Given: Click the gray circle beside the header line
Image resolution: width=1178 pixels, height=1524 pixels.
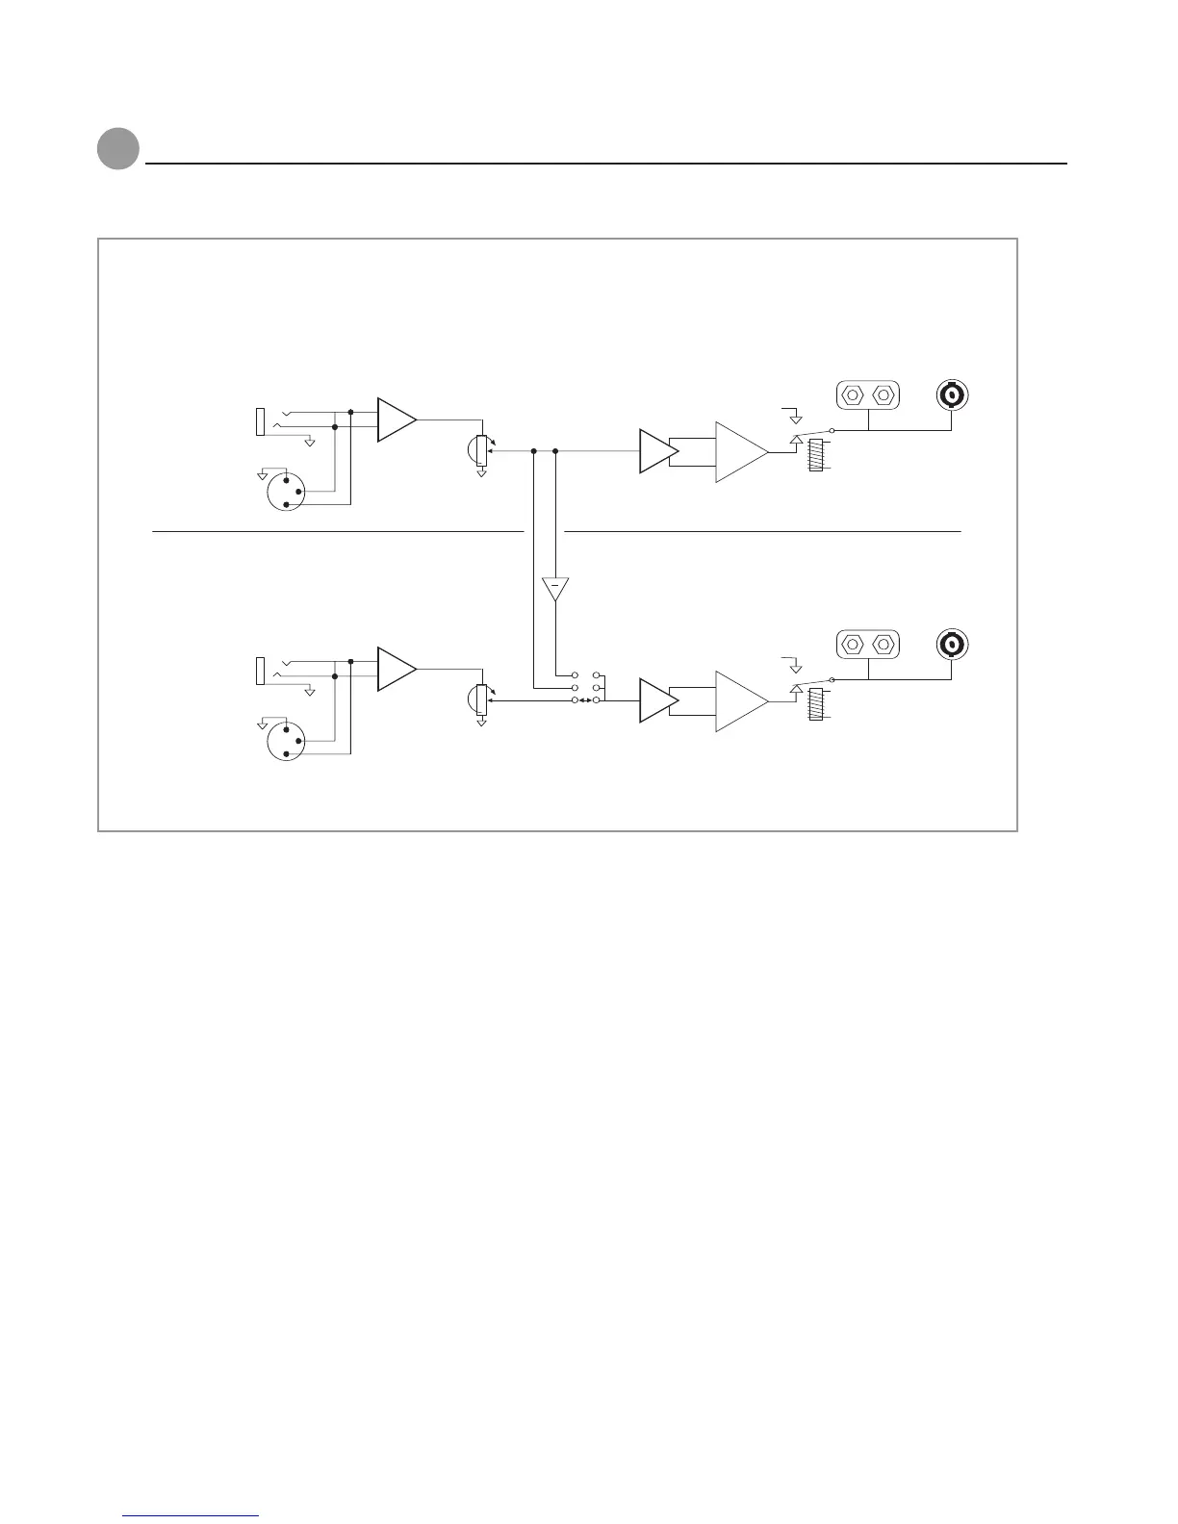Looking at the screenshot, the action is [118, 149].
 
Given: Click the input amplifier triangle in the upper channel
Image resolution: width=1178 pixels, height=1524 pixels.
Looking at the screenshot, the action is [396, 419].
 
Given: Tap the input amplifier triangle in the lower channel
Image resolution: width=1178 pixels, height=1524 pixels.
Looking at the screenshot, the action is [396, 669].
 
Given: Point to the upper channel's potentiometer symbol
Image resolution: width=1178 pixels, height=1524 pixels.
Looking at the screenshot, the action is [481, 451].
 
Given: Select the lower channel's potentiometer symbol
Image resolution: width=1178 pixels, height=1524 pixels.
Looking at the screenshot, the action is [481, 700].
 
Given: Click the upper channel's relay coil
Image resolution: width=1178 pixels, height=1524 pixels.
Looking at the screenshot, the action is [816, 455].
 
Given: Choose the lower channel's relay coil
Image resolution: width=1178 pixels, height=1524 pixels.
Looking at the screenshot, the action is [816, 704].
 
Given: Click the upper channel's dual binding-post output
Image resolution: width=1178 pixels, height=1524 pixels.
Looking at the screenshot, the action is [867, 394].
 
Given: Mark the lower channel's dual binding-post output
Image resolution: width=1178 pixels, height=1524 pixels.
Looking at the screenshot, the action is [867, 644].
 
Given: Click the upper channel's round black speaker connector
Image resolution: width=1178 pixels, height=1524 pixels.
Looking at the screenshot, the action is [952, 394].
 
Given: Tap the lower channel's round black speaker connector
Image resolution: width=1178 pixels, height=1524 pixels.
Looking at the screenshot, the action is [952, 644].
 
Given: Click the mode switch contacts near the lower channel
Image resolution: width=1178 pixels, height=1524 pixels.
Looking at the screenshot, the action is [586, 688].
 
